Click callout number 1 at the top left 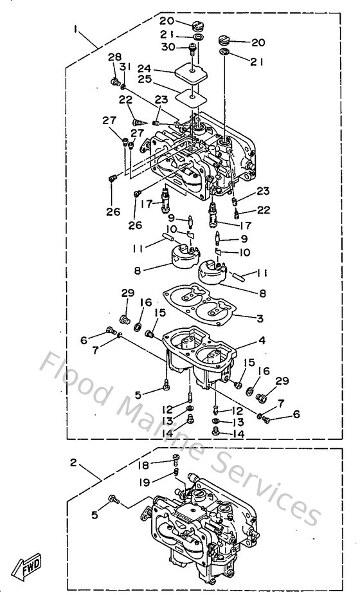(76, 29)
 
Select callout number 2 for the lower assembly (73, 462)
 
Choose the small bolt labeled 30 (194, 48)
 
